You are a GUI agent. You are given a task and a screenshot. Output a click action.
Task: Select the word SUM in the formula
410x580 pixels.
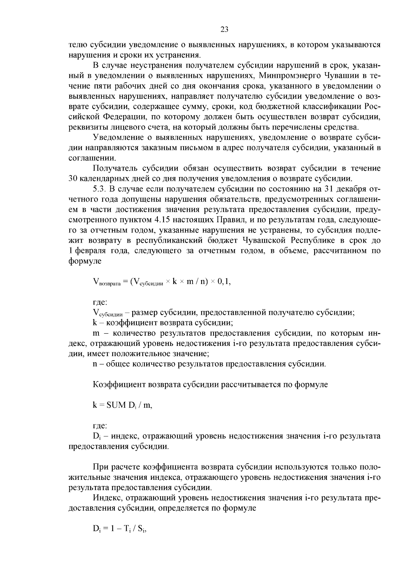[x=116, y=405]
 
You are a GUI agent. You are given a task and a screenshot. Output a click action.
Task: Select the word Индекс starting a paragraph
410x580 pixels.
[x=105, y=498]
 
